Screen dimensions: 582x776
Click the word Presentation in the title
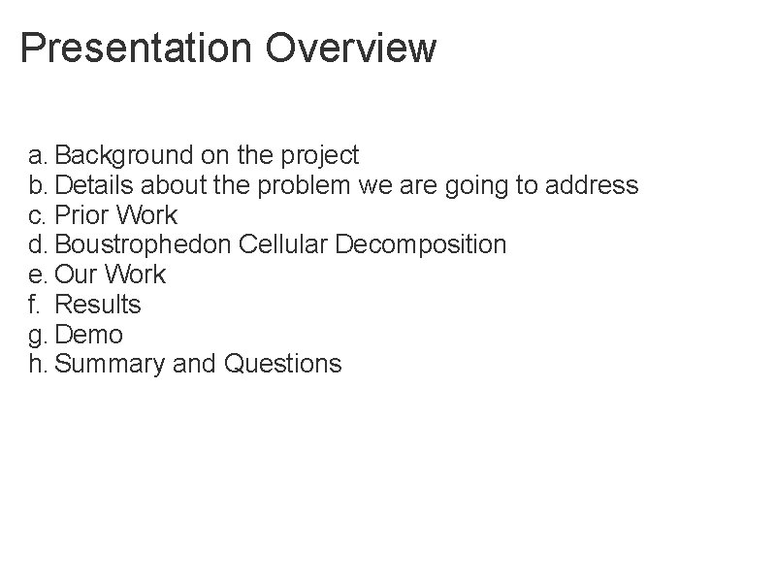coord(136,48)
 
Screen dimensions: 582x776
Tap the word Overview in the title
coord(351,48)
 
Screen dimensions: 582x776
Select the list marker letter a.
coord(36,155)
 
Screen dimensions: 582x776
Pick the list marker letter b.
coord(36,184)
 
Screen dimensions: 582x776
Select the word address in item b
coord(596,184)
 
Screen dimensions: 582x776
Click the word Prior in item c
coord(81,214)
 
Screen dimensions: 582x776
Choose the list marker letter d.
coord(36,244)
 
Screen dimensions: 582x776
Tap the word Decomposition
coord(421,244)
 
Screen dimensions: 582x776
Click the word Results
coord(98,305)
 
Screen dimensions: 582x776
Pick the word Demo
coord(89,335)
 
